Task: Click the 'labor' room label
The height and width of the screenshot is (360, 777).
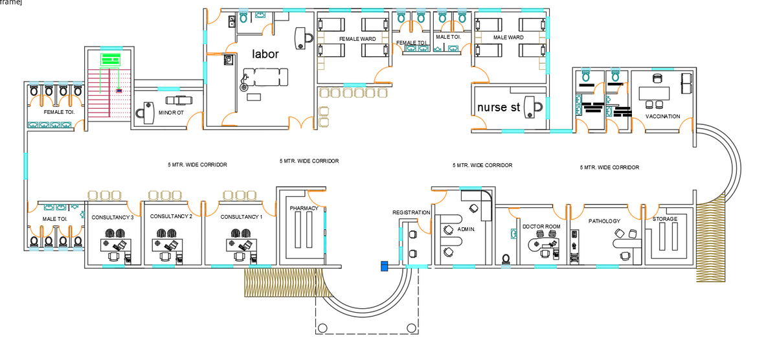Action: [265, 54]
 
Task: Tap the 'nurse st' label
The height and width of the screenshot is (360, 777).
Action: [499, 107]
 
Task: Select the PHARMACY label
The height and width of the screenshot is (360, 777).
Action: [304, 208]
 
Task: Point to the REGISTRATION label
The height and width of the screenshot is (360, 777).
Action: [411, 212]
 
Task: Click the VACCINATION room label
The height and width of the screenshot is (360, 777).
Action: [662, 117]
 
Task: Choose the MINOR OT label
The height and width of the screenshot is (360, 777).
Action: [171, 113]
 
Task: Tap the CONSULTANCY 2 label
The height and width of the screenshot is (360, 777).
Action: [171, 216]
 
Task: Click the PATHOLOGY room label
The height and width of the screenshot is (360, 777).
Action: [604, 221]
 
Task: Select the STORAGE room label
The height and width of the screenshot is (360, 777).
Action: [664, 219]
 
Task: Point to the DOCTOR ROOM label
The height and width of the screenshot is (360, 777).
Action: [541, 227]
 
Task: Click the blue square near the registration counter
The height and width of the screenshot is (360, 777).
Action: [385, 266]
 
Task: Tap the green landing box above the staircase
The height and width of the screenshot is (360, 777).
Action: [111, 60]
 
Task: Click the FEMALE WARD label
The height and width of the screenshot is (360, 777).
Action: [357, 39]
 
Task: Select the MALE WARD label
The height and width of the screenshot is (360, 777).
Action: [508, 38]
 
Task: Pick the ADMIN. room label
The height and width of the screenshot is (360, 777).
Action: [466, 229]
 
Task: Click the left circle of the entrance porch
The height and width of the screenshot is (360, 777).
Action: [322, 328]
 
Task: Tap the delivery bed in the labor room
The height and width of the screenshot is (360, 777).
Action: [265, 77]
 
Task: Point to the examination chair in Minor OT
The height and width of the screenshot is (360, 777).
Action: [179, 100]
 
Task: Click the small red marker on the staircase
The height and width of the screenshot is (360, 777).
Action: [119, 91]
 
